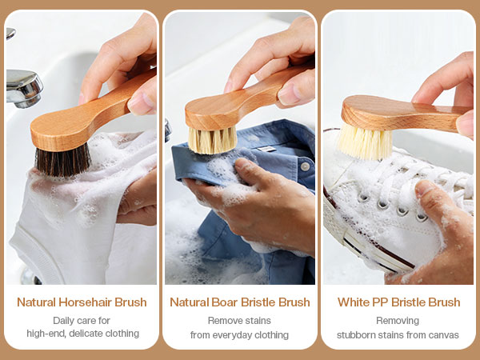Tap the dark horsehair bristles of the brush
click(62, 160)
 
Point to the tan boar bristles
click(213, 140)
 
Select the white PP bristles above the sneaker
click(364, 142)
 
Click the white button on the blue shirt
click(305, 166)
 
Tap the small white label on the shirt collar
click(266, 149)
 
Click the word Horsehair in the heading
click(86, 302)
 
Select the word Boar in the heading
click(224, 302)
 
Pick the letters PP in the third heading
click(380, 302)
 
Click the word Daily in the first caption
click(63, 321)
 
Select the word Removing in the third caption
click(398, 321)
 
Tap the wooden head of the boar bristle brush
click(211, 113)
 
